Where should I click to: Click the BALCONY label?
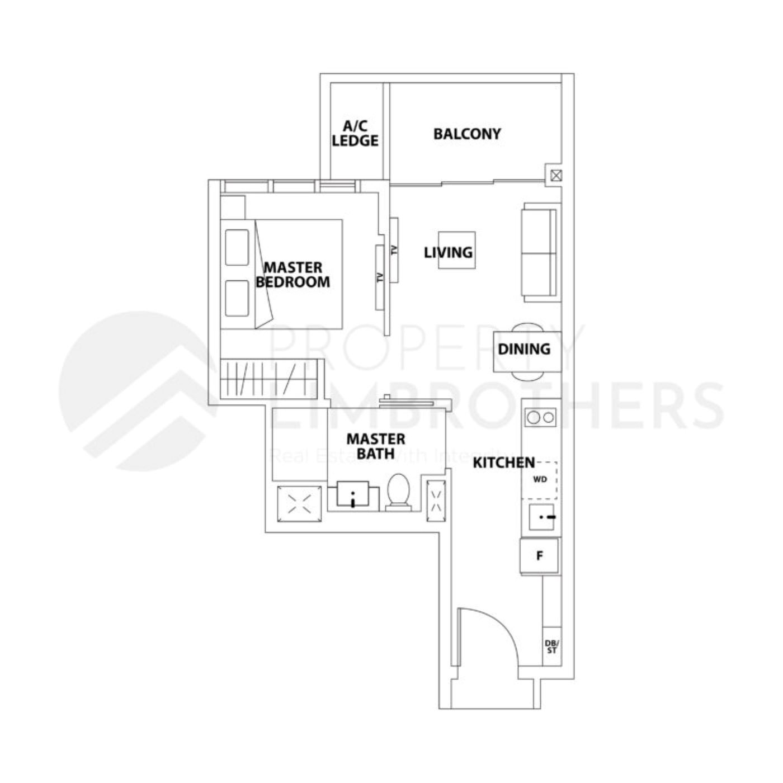[467, 134]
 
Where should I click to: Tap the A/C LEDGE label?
[355, 134]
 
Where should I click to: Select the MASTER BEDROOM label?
[293, 275]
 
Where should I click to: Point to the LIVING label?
[449, 252]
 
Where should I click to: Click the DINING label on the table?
[524, 349]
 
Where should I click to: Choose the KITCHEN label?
[503, 463]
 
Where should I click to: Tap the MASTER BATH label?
[376, 446]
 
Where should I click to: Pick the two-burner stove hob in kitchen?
[540, 417]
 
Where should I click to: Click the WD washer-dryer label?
[540, 479]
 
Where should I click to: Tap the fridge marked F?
[540, 556]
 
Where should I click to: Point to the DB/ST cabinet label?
[551, 647]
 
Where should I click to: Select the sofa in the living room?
[539, 253]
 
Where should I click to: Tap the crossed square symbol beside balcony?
[555, 176]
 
